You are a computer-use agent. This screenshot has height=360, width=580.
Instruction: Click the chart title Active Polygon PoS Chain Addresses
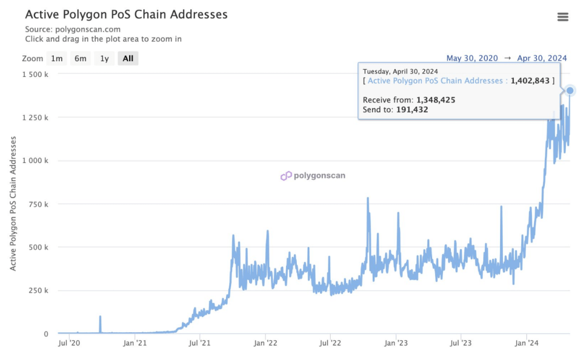pos(126,14)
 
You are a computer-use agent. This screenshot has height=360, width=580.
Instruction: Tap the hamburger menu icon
pos(562,17)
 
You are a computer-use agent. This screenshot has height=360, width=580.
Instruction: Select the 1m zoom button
pos(57,58)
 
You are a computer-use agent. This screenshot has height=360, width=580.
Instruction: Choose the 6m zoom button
pos(80,58)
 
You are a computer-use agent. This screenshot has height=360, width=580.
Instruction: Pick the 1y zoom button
pos(104,58)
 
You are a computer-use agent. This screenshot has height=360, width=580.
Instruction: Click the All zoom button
pos(128,58)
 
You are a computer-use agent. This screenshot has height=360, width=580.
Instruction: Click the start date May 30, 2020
pos(472,58)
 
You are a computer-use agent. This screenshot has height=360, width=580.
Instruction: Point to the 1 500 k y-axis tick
pos(35,74)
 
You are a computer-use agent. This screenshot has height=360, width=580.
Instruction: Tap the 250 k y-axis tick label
pos(38,290)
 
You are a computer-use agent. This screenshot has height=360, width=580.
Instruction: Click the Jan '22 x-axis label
pos(265,342)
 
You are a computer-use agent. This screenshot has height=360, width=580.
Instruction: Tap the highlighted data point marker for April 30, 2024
pos(570,91)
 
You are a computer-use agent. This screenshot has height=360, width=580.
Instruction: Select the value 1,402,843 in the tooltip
pos(530,81)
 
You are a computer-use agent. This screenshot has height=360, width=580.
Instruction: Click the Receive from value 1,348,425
pos(436,100)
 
